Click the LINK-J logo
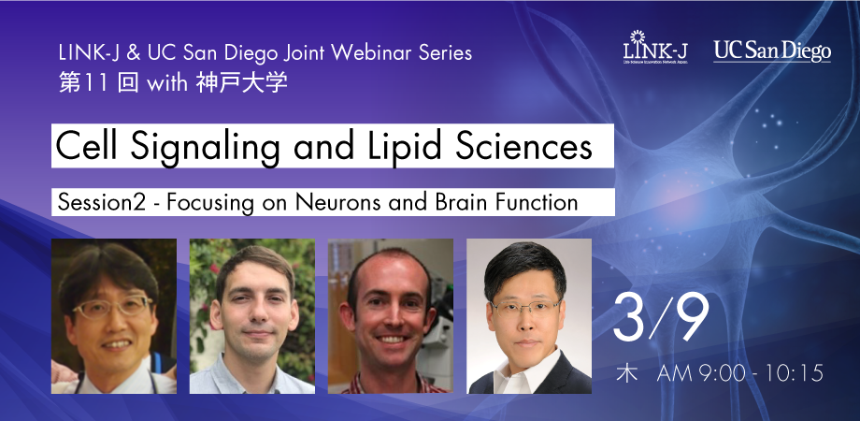(655, 48)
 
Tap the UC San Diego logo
(772, 51)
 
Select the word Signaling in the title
(205, 147)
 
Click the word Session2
(102, 202)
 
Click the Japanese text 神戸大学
(241, 82)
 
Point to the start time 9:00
(718, 374)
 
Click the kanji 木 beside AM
(626, 374)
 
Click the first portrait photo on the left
(114, 316)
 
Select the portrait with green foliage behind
(252, 316)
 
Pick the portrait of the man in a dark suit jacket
(529, 316)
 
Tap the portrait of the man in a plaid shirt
(391, 316)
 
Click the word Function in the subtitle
(537, 202)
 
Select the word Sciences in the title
(524, 147)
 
